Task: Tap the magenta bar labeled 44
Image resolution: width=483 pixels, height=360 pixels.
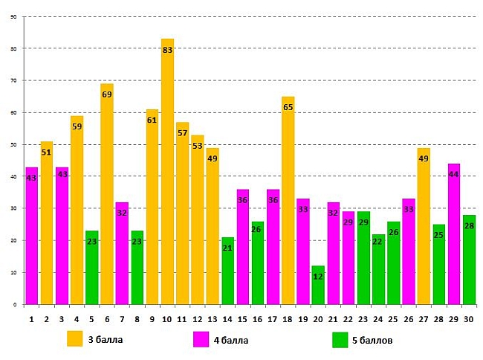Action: point(455,238)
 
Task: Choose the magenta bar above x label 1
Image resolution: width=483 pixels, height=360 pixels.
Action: point(31,238)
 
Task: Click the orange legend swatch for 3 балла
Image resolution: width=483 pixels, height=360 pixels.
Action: point(75,338)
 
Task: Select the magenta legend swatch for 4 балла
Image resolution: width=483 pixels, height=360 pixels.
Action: point(201,339)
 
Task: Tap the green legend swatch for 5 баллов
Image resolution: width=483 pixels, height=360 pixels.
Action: point(340,339)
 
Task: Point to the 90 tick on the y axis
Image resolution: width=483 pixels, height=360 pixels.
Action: point(14,16)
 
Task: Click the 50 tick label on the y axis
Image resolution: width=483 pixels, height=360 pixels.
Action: point(14,144)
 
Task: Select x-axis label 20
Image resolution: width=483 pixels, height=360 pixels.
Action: point(318,318)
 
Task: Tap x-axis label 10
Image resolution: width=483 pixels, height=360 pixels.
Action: point(167,318)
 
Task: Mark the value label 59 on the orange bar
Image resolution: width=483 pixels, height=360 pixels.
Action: point(77,126)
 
